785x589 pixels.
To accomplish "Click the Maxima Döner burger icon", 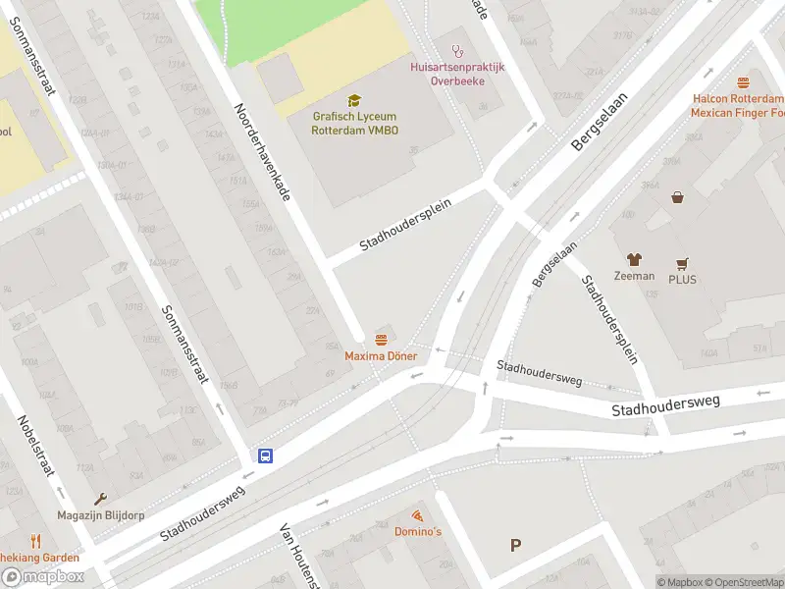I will click(x=381, y=339).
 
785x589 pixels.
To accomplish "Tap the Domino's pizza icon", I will click(x=418, y=514).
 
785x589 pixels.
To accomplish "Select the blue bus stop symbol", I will click(x=265, y=455).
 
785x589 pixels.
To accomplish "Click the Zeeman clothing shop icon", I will click(x=634, y=259).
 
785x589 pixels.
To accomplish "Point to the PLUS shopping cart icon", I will click(x=682, y=263).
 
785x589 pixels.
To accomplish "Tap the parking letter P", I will click(x=516, y=546).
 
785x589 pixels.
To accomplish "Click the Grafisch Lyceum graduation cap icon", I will click(x=354, y=99).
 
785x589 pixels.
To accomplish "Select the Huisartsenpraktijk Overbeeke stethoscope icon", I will click(x=456, y=50).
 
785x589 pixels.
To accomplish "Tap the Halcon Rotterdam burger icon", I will click(x=743, y=82).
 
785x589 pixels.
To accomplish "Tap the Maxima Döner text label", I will click(x=381, y=355).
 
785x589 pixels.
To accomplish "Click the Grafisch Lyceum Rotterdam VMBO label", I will click(x=355, y=123).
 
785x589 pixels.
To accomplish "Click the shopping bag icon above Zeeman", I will click(x=677, y=197).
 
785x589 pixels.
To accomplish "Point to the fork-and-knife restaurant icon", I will click(x=35, y=540).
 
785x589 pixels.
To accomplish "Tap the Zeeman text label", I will click(x=634, y=276).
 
